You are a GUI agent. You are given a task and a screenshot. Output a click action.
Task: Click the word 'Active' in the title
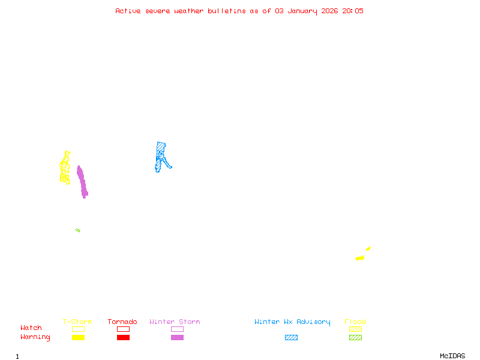tap(128, 11)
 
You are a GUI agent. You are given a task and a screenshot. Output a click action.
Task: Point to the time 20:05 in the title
tap(353, 11)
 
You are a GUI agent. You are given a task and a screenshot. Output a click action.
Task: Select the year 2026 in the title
tap(329, 11)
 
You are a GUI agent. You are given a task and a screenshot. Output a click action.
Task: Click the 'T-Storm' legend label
tap(77, 322)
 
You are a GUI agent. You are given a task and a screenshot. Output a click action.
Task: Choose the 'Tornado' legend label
tap(122, 322)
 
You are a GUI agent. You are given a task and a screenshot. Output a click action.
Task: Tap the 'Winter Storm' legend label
tap(175, 322)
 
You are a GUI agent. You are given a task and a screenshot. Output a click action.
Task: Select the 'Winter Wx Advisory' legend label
tap(292, 322)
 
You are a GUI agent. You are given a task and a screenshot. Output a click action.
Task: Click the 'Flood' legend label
tap(355, 322)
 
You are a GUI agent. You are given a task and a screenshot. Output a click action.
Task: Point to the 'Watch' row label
tap(31, 328)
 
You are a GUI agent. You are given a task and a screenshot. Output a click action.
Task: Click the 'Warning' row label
tap(35, 337)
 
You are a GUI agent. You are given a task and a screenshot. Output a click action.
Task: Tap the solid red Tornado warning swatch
tap(123, 337)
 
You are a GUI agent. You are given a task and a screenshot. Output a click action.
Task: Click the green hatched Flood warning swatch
tap(355, 337)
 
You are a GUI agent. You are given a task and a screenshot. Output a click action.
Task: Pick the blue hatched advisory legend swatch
tap(291, 337)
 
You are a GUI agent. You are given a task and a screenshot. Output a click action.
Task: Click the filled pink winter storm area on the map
tap(82, 182)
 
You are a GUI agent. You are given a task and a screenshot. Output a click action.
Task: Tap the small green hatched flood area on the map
tap(78, 230)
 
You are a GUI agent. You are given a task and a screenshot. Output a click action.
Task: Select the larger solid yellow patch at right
tap(359, 258)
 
